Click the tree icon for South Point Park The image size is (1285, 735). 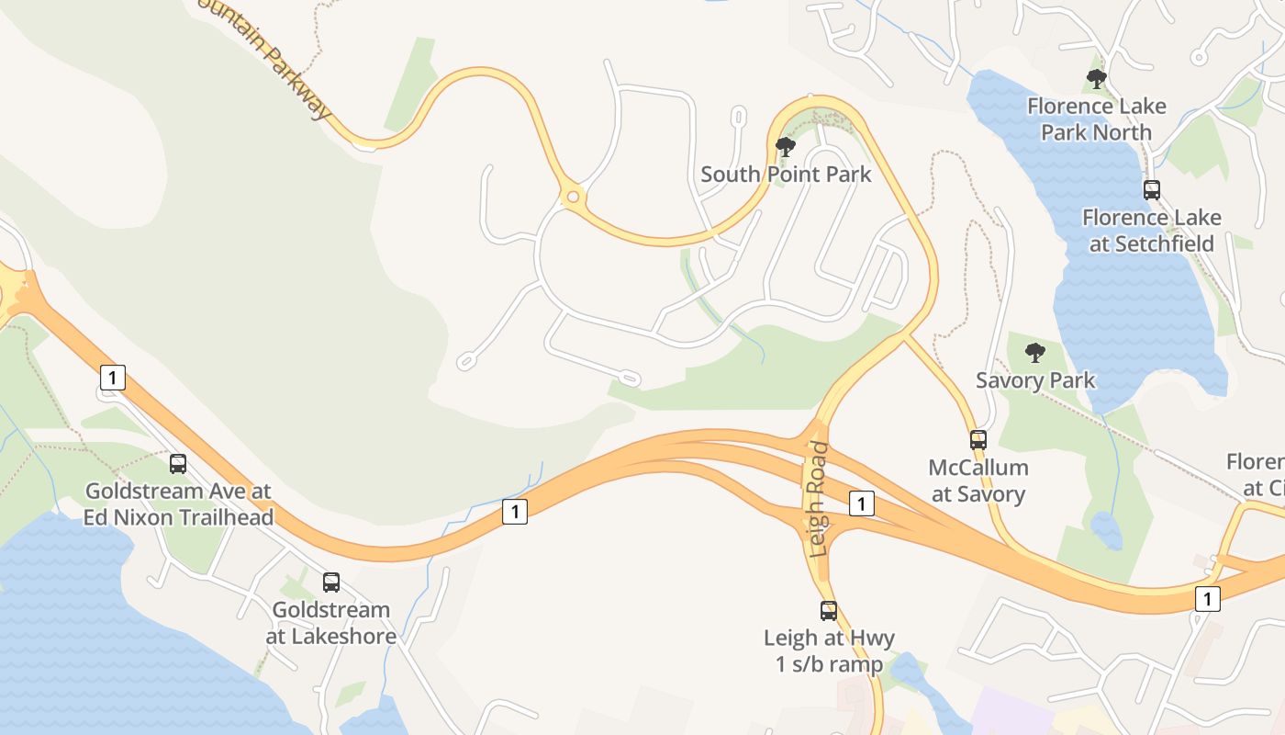785,147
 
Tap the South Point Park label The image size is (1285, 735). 786,174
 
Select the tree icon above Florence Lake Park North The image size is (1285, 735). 1096,79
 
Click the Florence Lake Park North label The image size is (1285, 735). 1096,119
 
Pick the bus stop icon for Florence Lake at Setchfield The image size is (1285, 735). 1152,190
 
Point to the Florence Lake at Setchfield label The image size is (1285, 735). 1152,231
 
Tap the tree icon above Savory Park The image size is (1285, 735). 1035,353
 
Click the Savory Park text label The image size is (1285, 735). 1035,380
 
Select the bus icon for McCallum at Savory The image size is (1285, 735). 978,440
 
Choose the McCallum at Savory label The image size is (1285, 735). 978,481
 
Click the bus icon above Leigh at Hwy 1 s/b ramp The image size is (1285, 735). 829,611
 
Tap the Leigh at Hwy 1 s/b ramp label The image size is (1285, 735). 829,651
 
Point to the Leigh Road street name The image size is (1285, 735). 819,499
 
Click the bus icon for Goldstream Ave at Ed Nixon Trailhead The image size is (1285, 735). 178,464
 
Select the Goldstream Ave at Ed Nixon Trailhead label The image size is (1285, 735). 178,504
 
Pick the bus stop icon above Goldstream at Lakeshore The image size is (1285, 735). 331,582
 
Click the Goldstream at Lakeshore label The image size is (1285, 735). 331,623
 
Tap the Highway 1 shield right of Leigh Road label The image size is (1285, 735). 861,503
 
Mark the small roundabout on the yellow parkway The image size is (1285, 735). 574,196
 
